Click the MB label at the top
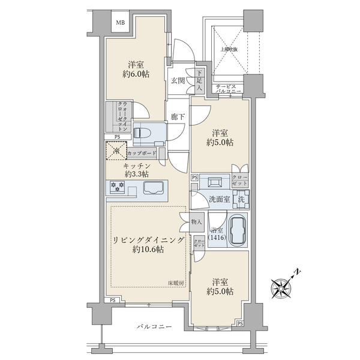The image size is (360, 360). point(121,23)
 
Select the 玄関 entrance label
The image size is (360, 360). point(176,80)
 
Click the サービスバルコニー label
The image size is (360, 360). point(228,88)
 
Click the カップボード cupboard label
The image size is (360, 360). point(142,154)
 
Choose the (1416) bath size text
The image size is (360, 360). point(218,238)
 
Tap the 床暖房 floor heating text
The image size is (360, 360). point(176,282)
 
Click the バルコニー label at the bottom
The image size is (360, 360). point(154,327)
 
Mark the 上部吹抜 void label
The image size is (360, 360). point(228,50)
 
